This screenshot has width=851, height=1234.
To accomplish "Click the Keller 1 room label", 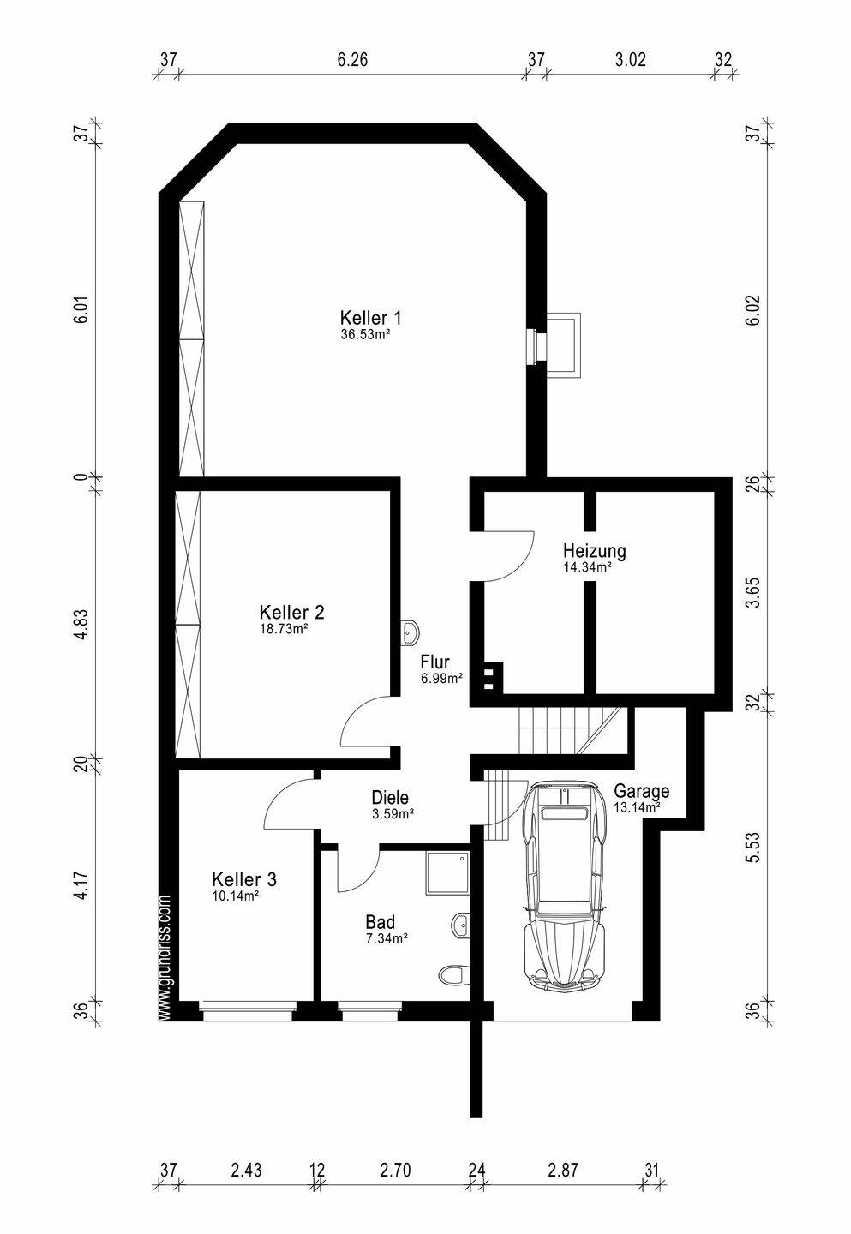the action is [x=370, y=318].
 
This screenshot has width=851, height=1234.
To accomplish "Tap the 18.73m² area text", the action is [x=283, y=629].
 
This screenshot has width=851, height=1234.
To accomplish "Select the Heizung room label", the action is [x=594, y=551].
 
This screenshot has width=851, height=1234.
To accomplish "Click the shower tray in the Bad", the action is [x=446, y=873].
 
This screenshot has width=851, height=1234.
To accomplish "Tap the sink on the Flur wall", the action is [x=410, y=632].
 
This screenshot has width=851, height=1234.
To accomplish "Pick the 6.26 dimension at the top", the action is [x=352, y=59].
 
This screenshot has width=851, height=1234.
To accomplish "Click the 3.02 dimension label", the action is [x=630, y=59].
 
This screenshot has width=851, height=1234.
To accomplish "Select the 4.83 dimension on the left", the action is [x=81, y=625].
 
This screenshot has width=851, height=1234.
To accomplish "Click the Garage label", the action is [x=642, y=791].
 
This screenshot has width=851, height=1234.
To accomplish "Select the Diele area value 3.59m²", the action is [x=393, y=812].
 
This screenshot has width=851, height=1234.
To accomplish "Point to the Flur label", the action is [x=435, y=662].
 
